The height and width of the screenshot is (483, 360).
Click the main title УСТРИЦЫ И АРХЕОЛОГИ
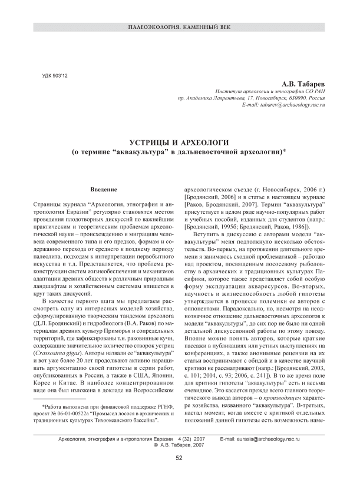pos(179,143)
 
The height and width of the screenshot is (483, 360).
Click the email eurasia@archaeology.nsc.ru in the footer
pos(267,440)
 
